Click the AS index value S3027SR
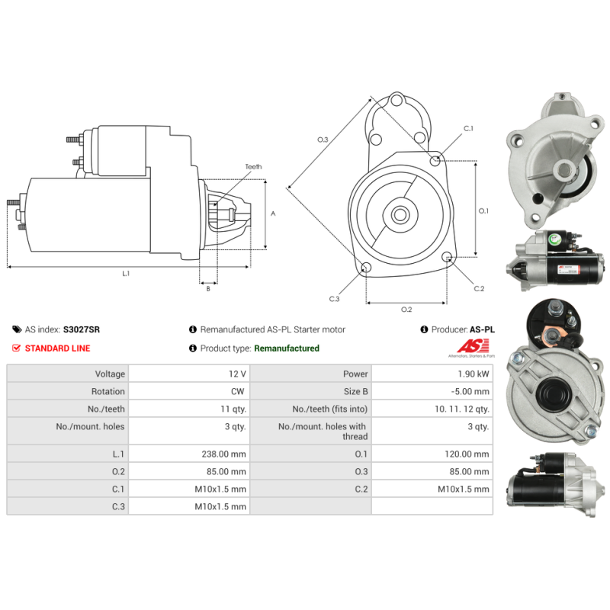click(x=81, y=329)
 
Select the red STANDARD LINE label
click(x=57, y=348)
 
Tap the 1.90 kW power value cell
click(x=473, y=374)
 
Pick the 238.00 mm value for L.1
click(x=222, y=454)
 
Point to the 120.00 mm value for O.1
click(x=464, y=454)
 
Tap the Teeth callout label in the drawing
click(x=253, y=167)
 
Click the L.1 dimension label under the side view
click(x=126, y=274)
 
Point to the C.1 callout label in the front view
click(x=468, y=129)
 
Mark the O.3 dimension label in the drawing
click(x=323, y=140)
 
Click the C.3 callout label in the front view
click(x=334, y=299)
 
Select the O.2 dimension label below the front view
click(x=406, y=309)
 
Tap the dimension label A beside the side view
click(x=273, y=213)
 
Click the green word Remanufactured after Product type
click(x=286, y=348)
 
